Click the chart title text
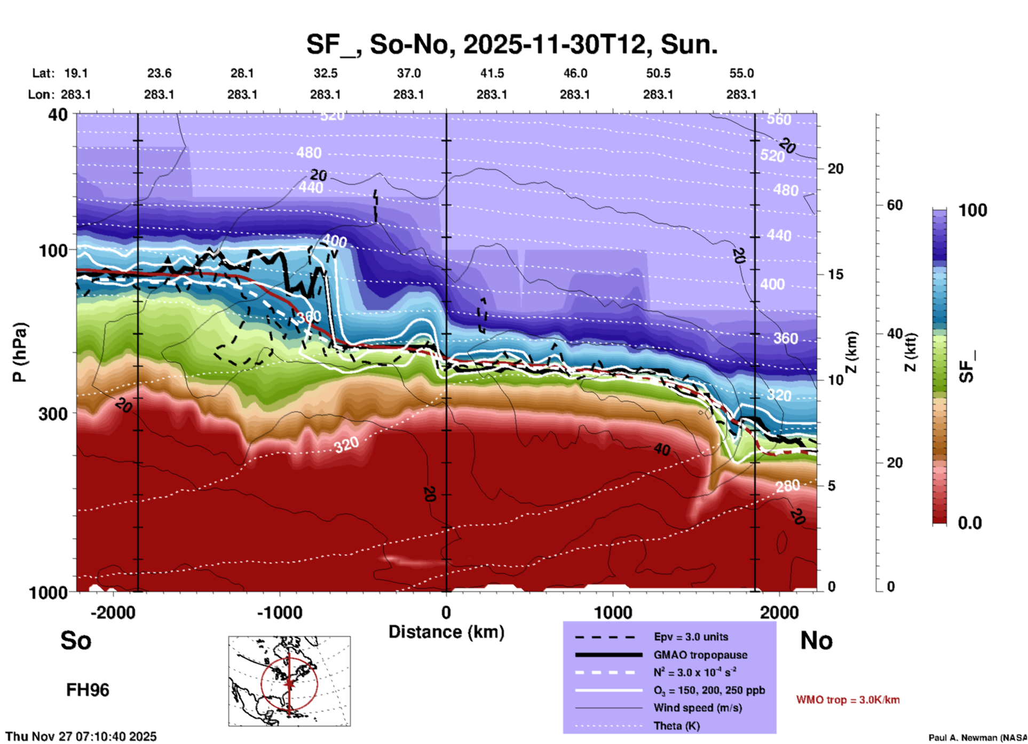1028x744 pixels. coord(511,45)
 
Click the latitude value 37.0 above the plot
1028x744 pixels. coord(408,73)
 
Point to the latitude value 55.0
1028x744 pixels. coord(741,73)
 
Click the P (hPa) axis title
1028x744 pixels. coord(20,352)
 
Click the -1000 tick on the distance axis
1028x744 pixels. coord(280,613)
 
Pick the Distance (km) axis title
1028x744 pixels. coord(446,632)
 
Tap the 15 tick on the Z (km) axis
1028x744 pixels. coord(835,274)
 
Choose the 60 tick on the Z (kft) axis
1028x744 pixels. coord(895,205)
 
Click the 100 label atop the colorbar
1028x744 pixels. coord(972,210)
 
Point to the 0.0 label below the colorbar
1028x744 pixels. coord(970,523)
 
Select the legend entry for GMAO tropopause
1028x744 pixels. coord(700,655)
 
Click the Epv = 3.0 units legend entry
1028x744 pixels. coord(691,637)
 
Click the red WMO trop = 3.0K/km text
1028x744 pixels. coord(848,700)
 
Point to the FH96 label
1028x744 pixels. coord(88,690)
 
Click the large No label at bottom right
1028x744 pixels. coord(816,640)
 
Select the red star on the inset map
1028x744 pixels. coord(289,683)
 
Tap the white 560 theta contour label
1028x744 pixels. coord(779,119)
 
